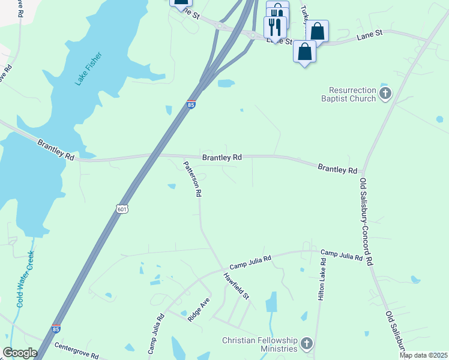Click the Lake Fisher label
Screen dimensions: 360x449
pyautogui.click(x=89, y=69)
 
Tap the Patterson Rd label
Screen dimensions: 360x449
pyautogui.click(x=192, y=179)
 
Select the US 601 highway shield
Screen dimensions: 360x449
pyautogui.click(x=122, y=208)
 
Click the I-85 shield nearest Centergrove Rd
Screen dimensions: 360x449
pyautogui.click(x=56, y=329)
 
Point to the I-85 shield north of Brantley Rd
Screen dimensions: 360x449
pyautogui.click(x=191, y=105)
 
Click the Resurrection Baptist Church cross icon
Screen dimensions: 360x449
pyautogui.click(x=385, y=94)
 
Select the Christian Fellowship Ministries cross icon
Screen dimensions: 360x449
pyautogui.click(x=307, y=344)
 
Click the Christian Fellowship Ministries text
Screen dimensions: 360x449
pyautogui.click(x=259, y=344)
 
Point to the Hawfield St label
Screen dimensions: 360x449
pyautogui.click(x=237, y=287)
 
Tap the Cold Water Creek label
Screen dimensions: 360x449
pyautogui.click(x=25, y=279)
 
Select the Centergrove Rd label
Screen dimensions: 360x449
pyautogui.click(x=76, y=350)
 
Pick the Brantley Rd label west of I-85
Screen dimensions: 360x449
pyautogui.click(x=56, y=150)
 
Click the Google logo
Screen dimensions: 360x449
pyautogui.click(x=19, y=353)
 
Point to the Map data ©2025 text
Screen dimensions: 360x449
pyautogui.click(x=423, y=355)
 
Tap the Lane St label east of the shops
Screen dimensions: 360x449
pyautogui.click(x=370, y=37)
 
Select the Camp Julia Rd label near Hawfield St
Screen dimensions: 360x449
pyautogui.click(x=250, y=262)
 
